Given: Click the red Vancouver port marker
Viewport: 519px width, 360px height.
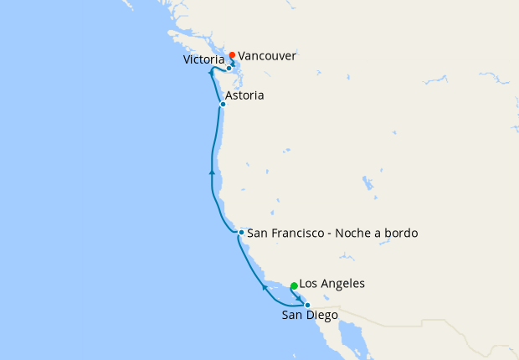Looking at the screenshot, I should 232,55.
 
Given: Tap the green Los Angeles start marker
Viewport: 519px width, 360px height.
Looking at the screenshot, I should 294,286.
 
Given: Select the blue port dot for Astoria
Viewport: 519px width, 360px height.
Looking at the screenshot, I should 223,104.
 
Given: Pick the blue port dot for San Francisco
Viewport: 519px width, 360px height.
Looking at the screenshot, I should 241,232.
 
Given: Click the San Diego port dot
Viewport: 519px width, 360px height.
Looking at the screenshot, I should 307,305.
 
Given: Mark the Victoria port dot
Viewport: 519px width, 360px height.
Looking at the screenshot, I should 229,68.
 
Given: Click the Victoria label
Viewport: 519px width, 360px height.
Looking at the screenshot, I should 204,60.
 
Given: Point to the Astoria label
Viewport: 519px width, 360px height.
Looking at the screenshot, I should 245,96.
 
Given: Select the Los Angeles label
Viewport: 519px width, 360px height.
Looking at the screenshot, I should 331,284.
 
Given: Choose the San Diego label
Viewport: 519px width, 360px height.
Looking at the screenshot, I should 310,316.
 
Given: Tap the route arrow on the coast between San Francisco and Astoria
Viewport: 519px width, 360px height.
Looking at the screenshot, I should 213,172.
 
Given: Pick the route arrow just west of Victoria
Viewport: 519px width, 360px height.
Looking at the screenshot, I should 211,75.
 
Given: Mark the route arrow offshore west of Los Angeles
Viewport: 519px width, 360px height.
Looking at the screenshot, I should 265,287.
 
